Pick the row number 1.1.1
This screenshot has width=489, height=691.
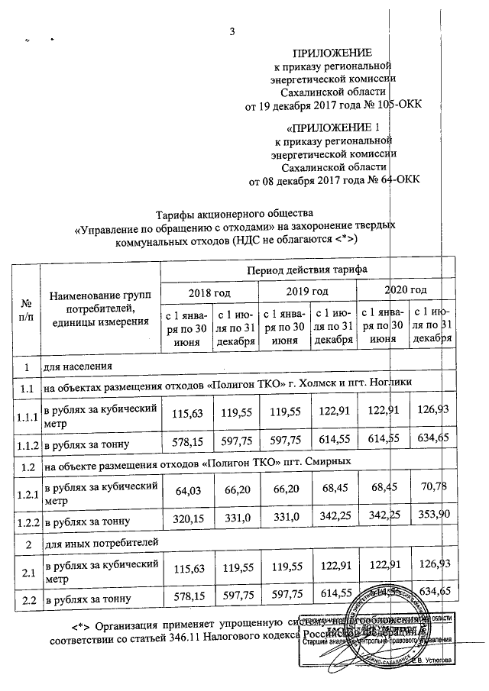[26, 416]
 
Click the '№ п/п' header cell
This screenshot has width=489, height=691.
[26, 311]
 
